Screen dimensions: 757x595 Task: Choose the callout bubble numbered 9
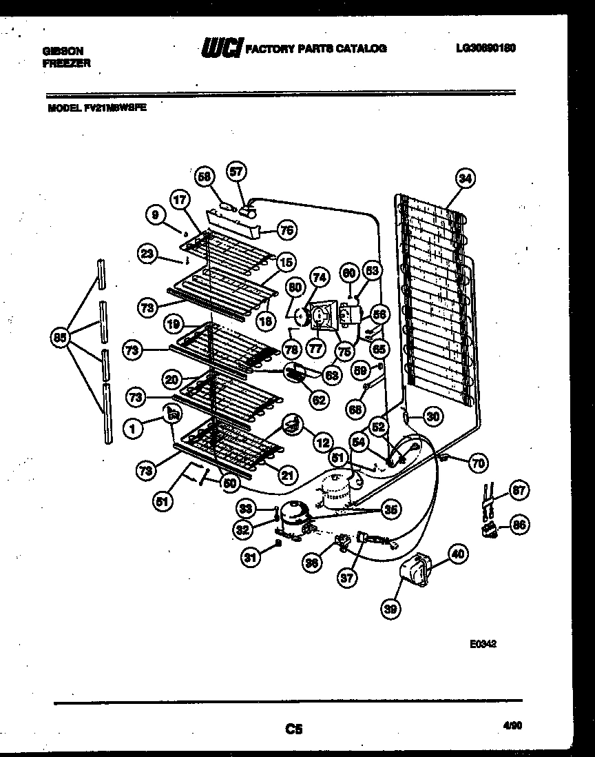point(156,216)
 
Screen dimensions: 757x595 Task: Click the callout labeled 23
point(147,253)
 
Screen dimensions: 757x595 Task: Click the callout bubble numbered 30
point(432,416)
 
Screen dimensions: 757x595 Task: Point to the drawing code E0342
point(483,645)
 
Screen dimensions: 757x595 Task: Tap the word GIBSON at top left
point(63,51)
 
